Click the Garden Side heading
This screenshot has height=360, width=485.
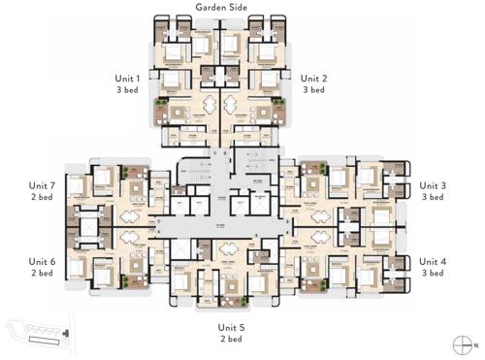tap(221, 8)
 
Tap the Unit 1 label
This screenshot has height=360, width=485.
tap(126, 77)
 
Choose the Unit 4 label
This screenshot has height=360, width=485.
tap(433, 261)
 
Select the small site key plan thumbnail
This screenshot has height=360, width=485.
tap(34, 333)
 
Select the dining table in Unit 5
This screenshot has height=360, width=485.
tap(226, 248)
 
